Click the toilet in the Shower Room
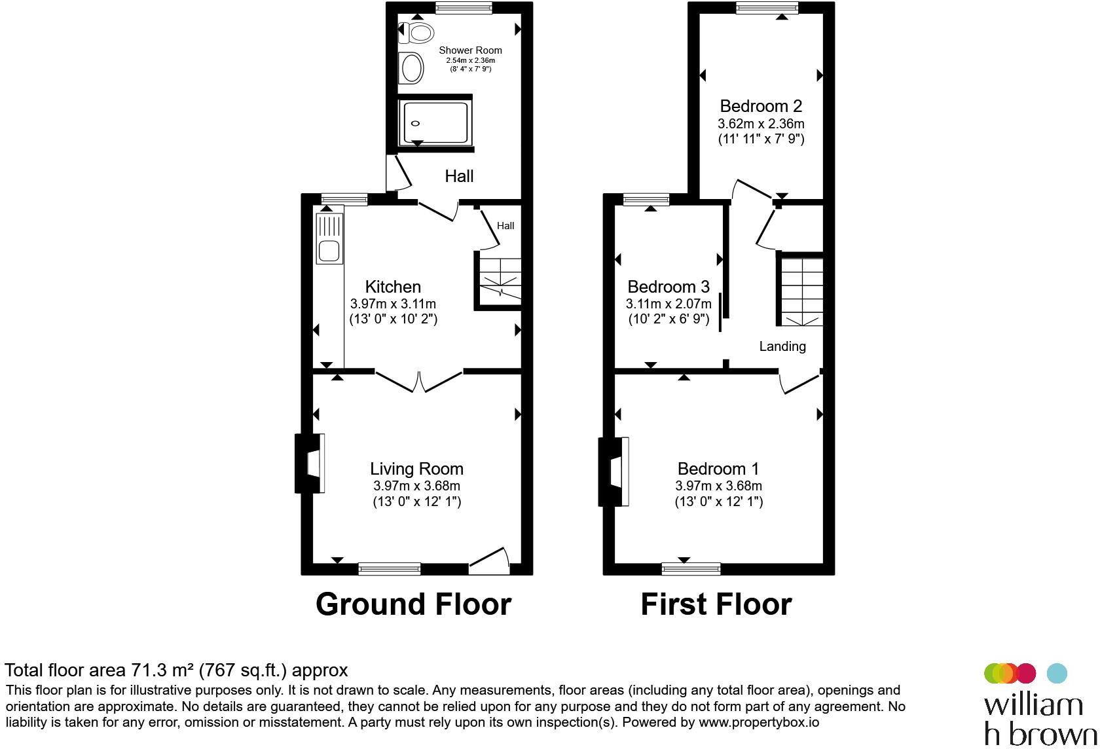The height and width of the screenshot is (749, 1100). [x=416, y=33]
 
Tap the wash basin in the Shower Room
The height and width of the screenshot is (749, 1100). [x=411, y=68]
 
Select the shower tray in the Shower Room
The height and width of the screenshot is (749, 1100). [x=435, y=123]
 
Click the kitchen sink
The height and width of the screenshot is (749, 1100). [x=329, y=239]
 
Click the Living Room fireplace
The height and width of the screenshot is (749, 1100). [x=309, y=463]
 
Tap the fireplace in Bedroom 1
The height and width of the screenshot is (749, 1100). [x=614, y=471]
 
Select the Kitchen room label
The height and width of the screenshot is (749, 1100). [x=393, y=286]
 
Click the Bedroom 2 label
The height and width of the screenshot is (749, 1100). [x=761, y=105]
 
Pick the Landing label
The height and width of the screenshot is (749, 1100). [x=782, y=346]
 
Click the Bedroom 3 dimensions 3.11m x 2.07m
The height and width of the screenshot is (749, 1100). [x=669, y=304]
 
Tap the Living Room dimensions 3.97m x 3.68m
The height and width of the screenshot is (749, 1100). [x=416, y=486]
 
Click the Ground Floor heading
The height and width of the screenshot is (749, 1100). [x=414, y=604]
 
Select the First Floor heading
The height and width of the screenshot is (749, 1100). [x=716, y=604]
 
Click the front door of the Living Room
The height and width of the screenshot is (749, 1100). [x=490, y=561]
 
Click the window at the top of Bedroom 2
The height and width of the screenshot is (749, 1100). [x=767, y=7]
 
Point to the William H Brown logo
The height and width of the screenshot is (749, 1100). [x=1040, y=705]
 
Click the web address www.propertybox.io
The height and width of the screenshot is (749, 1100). [x=759, y=722]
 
